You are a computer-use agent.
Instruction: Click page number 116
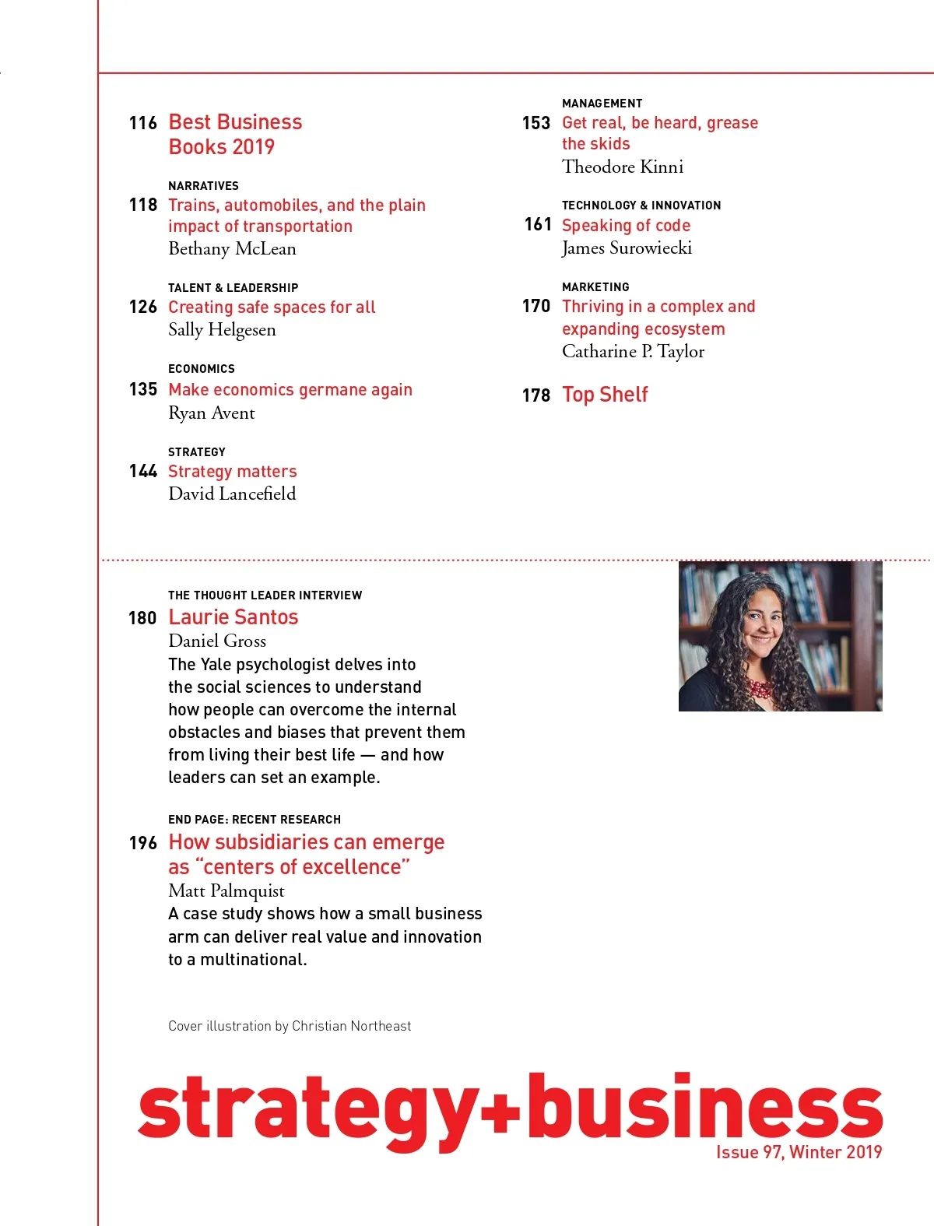[143, 123]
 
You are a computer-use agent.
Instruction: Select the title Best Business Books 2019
[235, 134]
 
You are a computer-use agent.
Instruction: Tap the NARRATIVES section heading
[203, 185]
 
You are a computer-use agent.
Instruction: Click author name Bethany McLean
[232, 249]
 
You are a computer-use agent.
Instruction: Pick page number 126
[143, 307]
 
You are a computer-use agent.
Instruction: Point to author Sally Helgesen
[222, 330]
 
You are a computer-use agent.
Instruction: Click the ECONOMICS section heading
[201, 369]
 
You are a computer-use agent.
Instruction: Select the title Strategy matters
[232, 472]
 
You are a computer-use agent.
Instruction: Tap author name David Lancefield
[232, 494]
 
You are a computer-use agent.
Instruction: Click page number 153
[536, 123]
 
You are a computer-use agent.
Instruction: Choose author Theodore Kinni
[623, 167]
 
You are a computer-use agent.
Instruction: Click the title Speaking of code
[626, 226]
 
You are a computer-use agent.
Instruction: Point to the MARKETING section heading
[595, 287]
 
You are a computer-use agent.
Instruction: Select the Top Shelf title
[605, 395]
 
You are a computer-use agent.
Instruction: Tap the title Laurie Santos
[233, 617]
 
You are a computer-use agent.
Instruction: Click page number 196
[143, 843]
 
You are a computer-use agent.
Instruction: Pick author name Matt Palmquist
[226, 891]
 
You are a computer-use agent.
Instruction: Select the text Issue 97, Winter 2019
[799, 1152]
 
